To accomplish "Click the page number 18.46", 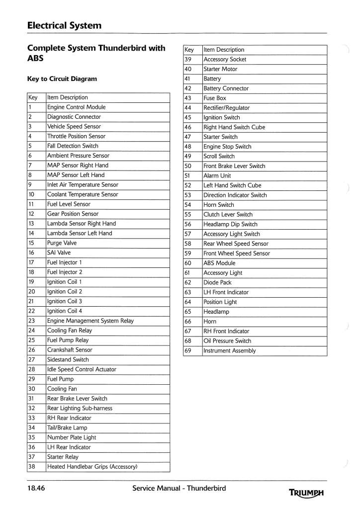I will click(36, 488).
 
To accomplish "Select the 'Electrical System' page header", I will click(64, 25).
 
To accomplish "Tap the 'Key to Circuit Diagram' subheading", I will click(62, 79).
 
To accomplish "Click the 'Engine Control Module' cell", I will click(76, 107).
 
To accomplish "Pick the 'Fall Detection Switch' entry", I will click(73, 146).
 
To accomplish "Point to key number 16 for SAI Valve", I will click(31, 253).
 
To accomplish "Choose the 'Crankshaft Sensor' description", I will click(70, 350).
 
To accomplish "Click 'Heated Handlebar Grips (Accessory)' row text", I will click(92, 467).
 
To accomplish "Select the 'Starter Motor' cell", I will click(220, 69).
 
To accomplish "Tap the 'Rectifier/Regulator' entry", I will click(227, 108).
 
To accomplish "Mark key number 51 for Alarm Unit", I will click(188, 176).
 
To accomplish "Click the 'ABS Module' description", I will click(219, 263).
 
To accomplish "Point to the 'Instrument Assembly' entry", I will click(230, 351).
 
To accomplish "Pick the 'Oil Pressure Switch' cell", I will click(227, 341).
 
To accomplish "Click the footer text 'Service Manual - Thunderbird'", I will click(179, 488).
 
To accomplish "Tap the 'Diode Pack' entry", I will click(218, 283).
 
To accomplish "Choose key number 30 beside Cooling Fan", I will click(32, 389).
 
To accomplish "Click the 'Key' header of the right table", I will click(189, 50).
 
